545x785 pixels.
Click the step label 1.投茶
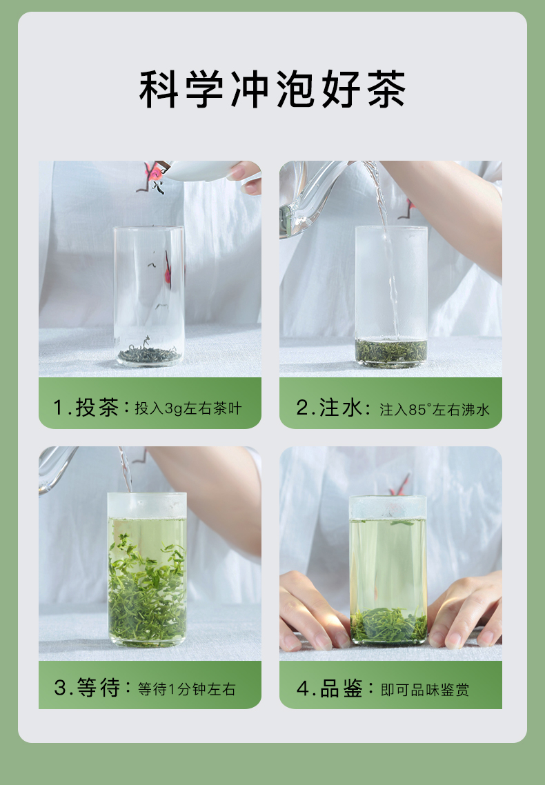(x=86, y=408)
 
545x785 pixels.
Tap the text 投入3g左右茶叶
(x=188, y=408)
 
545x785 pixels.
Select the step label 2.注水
(x=329, y=408)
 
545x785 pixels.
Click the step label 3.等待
(x=87, y=687)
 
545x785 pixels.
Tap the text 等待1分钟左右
(x=187, y=689)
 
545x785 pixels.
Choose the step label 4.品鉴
(x=329, y=688)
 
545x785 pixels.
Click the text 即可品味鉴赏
(x=425, y=690)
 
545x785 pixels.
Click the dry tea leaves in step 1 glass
(x=149, y=354)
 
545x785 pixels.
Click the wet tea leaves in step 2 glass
(x=391, y=351)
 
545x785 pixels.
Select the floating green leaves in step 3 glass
(x=147, y=590)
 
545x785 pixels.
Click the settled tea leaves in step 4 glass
(x=388, y=625)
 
